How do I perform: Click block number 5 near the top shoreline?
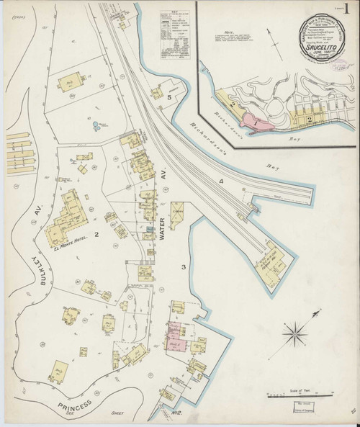[170, 96]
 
